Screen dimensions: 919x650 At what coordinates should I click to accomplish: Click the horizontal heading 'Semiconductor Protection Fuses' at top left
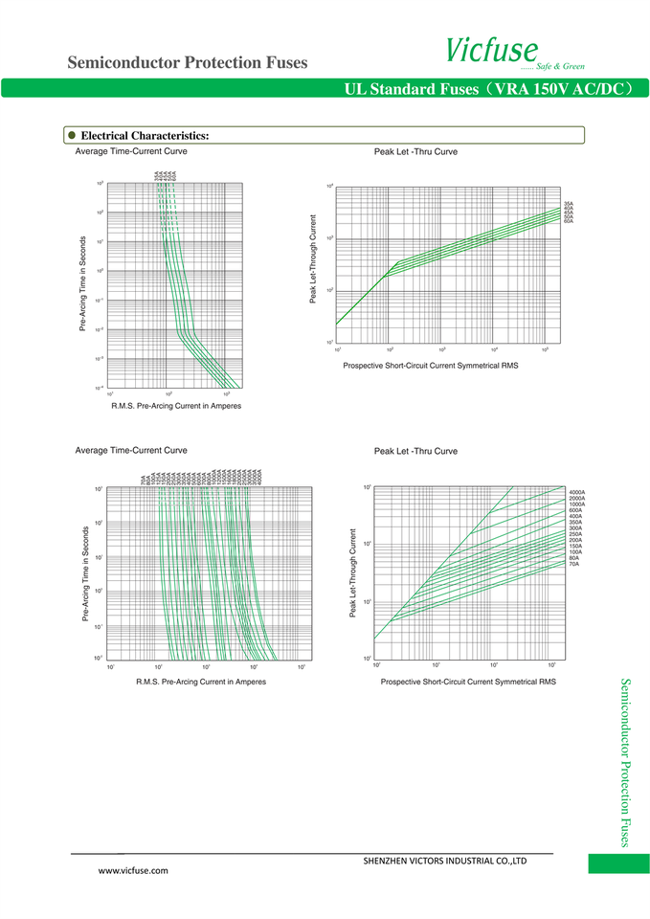(188, 63)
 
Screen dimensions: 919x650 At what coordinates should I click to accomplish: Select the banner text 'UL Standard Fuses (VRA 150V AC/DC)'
(489, 89)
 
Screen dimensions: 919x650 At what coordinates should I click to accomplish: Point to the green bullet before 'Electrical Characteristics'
(71, 135)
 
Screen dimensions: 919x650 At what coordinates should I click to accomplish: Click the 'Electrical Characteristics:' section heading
(145, 136)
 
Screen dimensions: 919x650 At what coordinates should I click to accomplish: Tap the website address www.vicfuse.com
(133, 870)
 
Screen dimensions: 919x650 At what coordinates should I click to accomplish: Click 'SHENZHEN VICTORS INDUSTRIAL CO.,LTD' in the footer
(445, 861)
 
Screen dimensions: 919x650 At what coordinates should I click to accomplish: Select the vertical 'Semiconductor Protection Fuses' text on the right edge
(625, 762)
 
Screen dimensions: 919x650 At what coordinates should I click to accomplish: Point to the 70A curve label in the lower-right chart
(573, 564)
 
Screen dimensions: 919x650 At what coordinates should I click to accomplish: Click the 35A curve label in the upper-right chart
(569, 204)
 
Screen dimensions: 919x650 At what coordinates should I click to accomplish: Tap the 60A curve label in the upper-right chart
(569, 221)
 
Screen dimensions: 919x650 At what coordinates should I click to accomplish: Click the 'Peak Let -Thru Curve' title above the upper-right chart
(415, 152)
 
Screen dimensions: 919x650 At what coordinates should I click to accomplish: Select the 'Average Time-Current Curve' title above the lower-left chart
(131, 450)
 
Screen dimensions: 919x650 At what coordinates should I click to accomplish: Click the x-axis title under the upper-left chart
(176, 406)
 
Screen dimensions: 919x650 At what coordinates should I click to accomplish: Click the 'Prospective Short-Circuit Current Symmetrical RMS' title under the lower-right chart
(467, 682)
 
